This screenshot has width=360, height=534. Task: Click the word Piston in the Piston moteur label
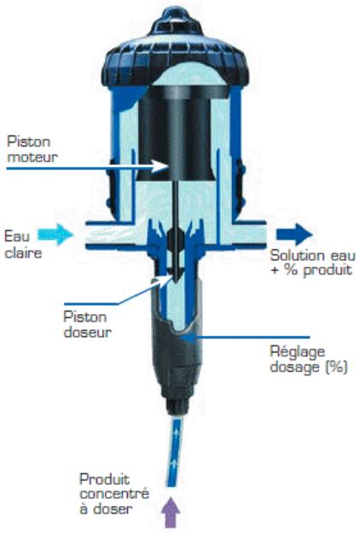pyautogui.click(x=29, y=142)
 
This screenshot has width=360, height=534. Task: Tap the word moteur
pyautogui.click(x=32, y=157)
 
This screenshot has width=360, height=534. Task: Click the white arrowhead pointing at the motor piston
pyautogui.click(x=160, y=166)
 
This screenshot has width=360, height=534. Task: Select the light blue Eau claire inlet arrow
pyautogui.click(x=55, y=235)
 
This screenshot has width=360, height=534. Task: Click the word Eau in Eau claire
pyautogui.click(x=17, y=236)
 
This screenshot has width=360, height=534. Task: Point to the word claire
pyautogui.click(x=23, y=252)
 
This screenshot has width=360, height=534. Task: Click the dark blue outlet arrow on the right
pyautogui.click(x=294, y=235)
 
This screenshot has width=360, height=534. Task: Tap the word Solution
pyautogui.click(x=295, y=255)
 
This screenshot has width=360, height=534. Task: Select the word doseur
pyautogui.click(x=88, y=332)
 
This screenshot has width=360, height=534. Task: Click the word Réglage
pyautogui.click(x=298, y=352)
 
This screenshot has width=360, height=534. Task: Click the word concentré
pyautogui.click(x=114, y=494)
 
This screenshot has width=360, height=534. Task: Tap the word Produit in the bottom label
pyautogui.click(x=105, y=479)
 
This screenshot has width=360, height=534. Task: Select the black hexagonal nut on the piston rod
pyautogui.click(x=177, y=241)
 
